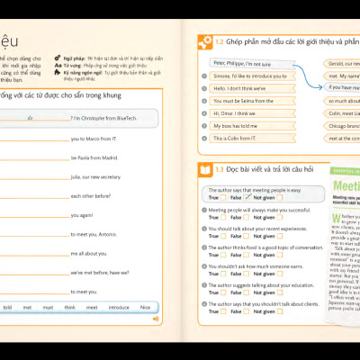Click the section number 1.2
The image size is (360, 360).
tap(220, 42)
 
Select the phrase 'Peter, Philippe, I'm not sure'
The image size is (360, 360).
tap(241, 63)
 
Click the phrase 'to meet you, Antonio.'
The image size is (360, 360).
tap(95, 234)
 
